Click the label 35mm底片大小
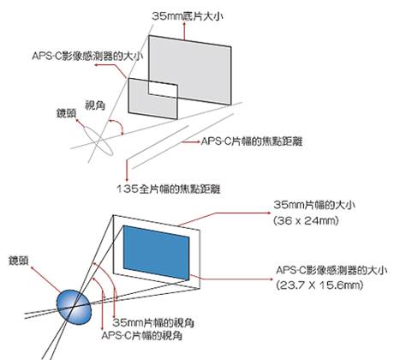(187, 16)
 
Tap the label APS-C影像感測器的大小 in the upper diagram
(87, 56)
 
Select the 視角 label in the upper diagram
(95, 105)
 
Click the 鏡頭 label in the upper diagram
(66, 113)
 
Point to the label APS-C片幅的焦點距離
(252, 141)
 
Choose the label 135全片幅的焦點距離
(169, 189)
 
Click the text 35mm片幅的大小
(314, 205)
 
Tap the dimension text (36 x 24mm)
(306, 220)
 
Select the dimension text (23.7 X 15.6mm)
(319, 285)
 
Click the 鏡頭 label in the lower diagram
(19, 261)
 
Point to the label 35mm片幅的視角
(153, 322)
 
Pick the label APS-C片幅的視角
(142, 335)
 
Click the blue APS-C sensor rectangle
(156, 253)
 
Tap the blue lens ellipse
(74, 307)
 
